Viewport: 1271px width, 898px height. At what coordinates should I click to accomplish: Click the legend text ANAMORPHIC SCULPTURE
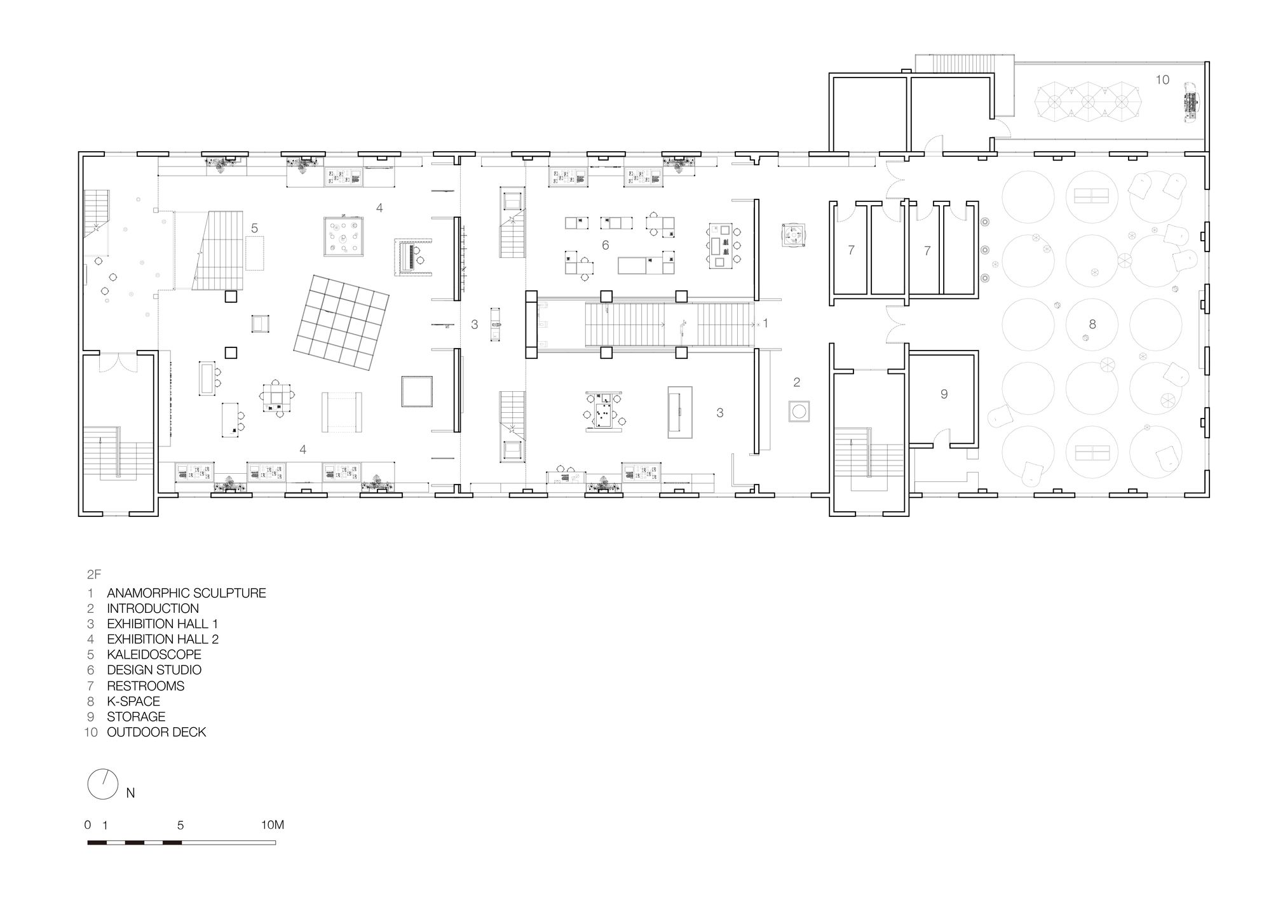coord(186,593)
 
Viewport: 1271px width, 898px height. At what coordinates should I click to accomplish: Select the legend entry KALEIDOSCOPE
coord(154,654)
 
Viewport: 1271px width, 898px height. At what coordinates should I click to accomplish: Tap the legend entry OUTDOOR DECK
coord(156,732)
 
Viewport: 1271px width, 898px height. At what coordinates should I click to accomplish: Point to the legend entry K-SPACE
coord(133,701)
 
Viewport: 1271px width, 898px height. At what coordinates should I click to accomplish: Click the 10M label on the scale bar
coord(272,825)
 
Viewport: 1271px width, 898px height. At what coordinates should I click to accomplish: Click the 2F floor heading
coord(94,575)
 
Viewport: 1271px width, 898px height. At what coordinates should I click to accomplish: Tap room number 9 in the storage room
coord(944,394)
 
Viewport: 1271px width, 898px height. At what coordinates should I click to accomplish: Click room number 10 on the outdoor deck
coord(1162,80)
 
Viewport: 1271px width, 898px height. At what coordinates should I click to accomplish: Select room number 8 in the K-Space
coord(1092,324)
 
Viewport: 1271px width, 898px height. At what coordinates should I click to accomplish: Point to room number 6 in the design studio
coord(605,245)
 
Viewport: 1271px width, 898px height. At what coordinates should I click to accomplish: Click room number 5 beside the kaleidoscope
coord(254,227)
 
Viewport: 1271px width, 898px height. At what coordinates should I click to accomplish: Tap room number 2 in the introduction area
coord(796,382)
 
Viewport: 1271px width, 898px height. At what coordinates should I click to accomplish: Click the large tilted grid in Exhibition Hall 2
coord(342,323)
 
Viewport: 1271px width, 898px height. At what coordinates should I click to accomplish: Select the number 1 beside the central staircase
coord(765,323)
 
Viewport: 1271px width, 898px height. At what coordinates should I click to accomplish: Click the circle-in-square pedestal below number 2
coord(799,410)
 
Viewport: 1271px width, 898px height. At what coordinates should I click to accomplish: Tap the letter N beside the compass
coord(130,793)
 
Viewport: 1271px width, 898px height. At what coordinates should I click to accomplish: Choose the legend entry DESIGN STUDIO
coord(154,670)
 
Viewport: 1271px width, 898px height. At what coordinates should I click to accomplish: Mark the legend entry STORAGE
coord(136,716)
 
